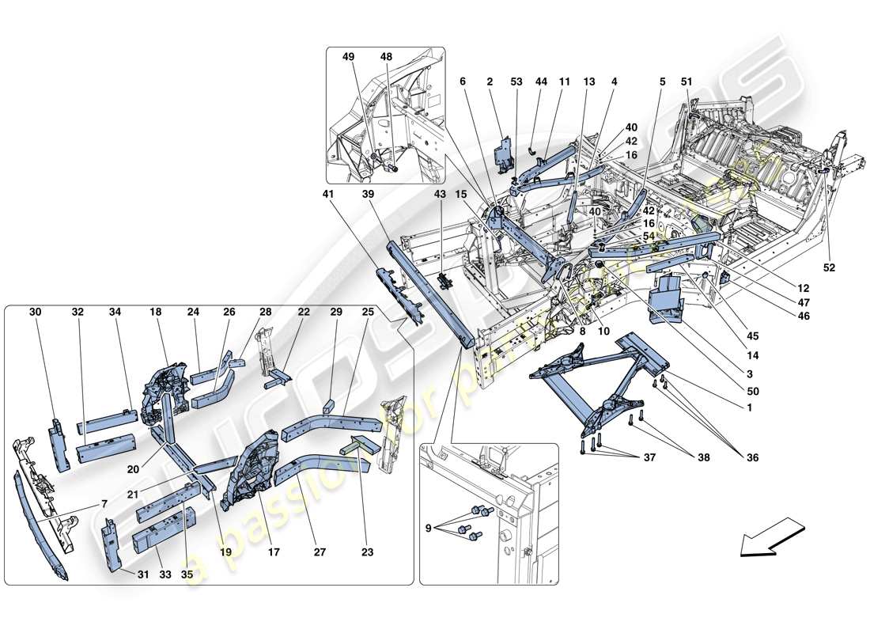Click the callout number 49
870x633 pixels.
point(349,58)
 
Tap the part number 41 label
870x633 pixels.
point(328,194)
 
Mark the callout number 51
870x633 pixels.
point(686,81)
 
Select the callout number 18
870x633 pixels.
point(155,313)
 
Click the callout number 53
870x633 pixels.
point(516,81)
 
